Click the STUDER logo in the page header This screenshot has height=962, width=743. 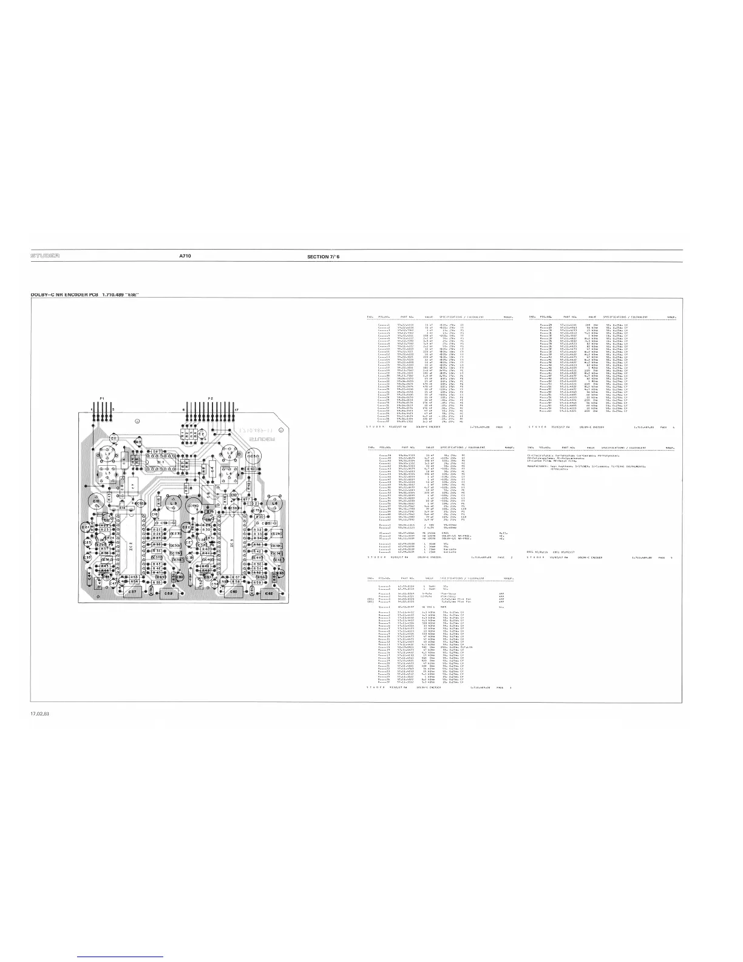pyautogui.click(x=45, y=256)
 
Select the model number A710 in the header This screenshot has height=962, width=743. pyautogui.click(x=185, y=256)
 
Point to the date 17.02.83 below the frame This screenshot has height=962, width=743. pyautogui.click(x=41, y=713)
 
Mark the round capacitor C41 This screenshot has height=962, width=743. pyautogui.click(x=97, y=501)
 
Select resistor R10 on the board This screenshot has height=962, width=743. pyautogui.click(x=251, y=469)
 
